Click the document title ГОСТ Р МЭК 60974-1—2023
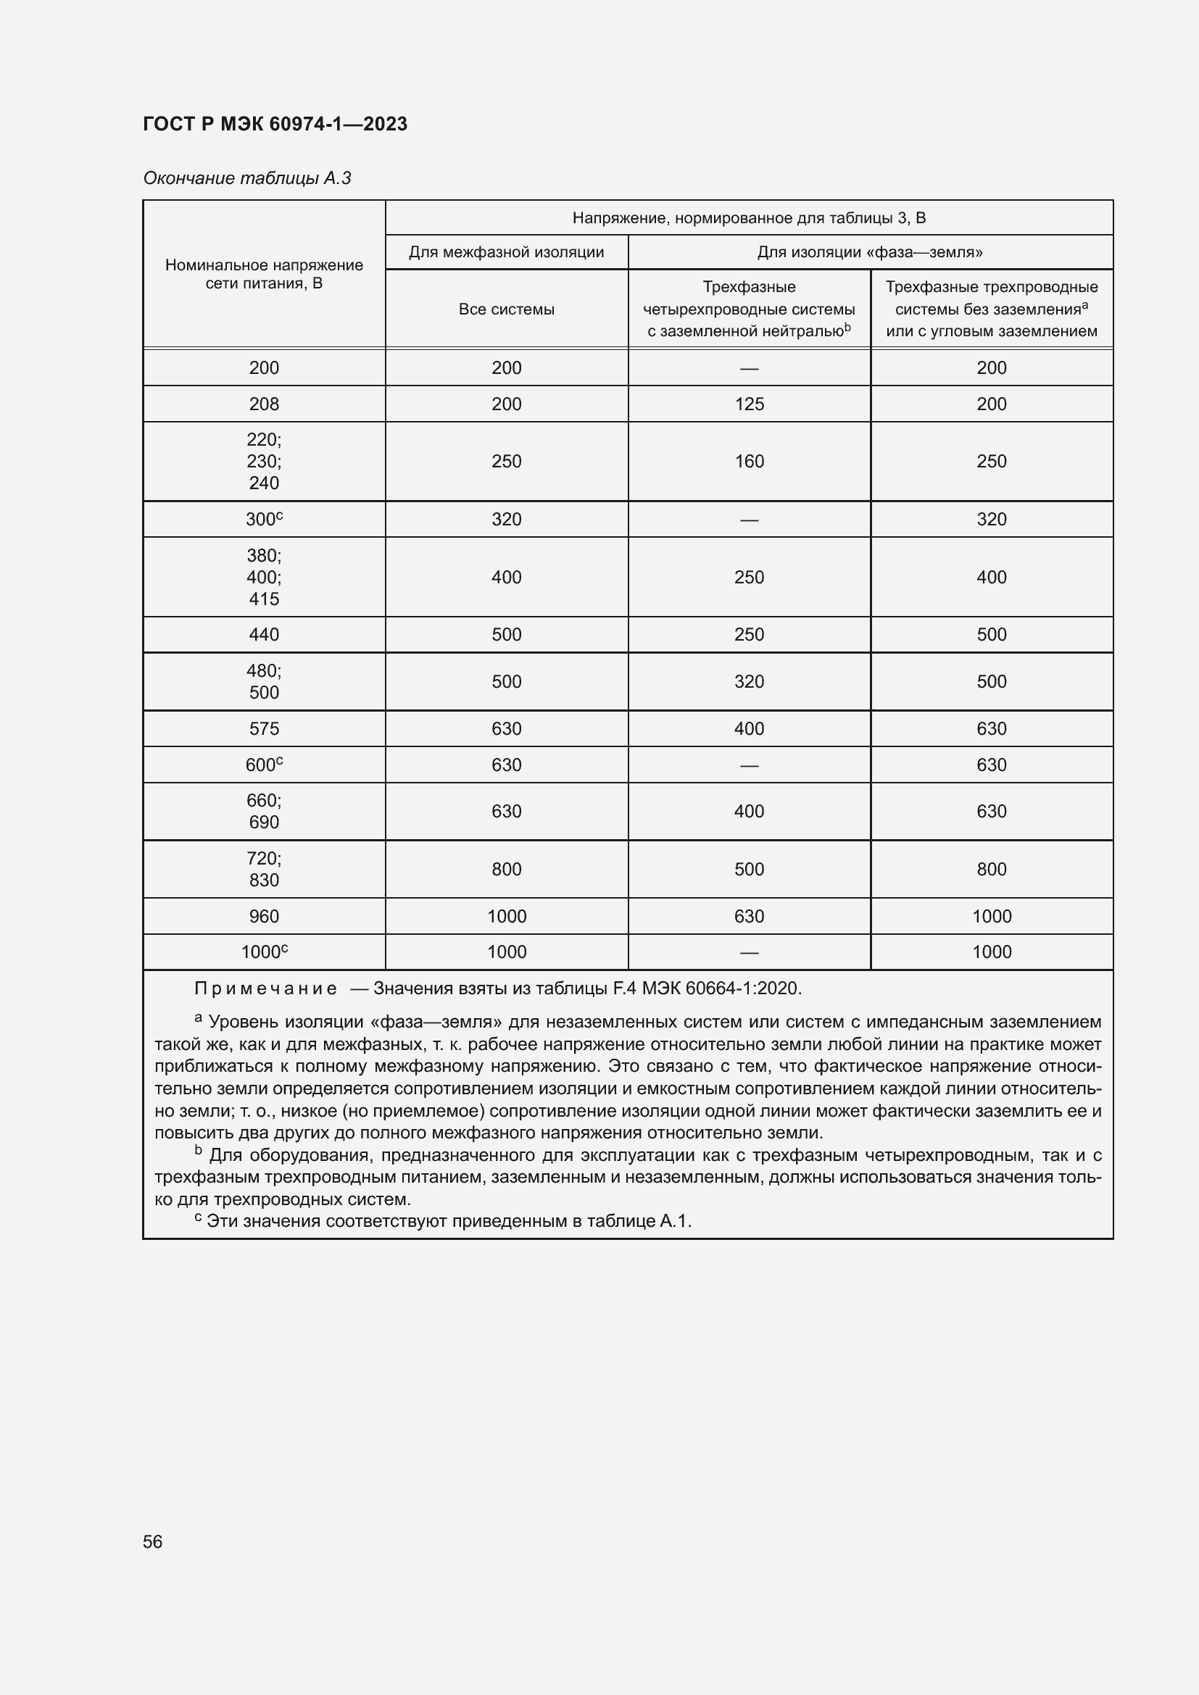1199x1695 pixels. click(x=275, y=124)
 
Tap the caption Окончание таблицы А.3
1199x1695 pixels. click(x=246, y=178)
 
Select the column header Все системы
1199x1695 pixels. click(x=506, y=309)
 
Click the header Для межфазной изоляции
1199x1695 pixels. click(x=506, y=252)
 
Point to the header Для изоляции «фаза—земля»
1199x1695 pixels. click(x=870, y=252)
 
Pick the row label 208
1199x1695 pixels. click(x=264, y=404)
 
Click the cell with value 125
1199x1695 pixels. click(x=749, y=404)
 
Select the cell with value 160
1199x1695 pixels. click(x=749, y=462)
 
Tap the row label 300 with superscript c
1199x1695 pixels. click(x=264, y=519)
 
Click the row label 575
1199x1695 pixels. click(x=264, y=728)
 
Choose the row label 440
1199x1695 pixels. click(x=264, y=634)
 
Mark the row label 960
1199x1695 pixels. click(x=264, y=916)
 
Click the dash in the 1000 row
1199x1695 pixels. click(x=749, y=952)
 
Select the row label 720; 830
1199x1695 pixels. click(x=264, y=869)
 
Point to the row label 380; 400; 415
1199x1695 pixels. click(x=264, y=577)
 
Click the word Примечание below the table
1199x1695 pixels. click(x=265, y=988)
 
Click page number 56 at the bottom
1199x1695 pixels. click(x=153, y=1541)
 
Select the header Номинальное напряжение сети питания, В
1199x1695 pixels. click(x=264, y=274)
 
